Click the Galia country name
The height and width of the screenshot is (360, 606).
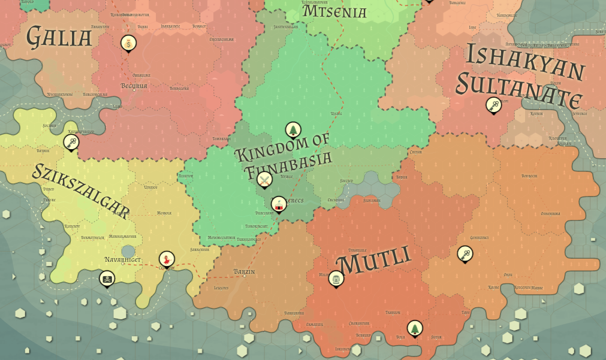click(x=59, y=37)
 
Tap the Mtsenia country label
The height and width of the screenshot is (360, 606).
click(x=334, y=11)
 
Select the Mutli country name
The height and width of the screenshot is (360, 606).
click(x=374, y=262)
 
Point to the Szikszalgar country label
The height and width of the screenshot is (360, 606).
click(x=80, y=189)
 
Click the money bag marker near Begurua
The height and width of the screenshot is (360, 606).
click(x=128, y=43)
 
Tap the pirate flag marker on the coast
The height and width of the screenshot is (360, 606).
click(x=107, y=279)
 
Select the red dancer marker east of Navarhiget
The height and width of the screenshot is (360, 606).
click(x=166, y=259)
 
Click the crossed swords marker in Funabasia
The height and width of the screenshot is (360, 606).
click(x=264, y=179)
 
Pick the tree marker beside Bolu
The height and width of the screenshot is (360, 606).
click(x=414, y=328)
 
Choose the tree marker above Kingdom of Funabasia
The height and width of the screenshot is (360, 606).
click(x=293, y=129)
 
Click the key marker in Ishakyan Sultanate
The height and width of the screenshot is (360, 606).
click(x=493, y=105)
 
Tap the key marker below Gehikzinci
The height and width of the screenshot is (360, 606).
click(x=465, y=254)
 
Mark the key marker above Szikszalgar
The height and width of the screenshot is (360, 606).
click(x=71, y=142)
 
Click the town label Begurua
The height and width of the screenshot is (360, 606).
click(x=134, y=86)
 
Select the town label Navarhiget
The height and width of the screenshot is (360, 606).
click(x=122, y=260)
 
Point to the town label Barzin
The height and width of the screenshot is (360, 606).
click(x=245, y=272)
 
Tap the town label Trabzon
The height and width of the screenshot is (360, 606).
click(x=393, y=312)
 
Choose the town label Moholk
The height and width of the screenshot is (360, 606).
click(x=164, y=213)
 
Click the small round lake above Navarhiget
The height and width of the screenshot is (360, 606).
click(x=128, y=250)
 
